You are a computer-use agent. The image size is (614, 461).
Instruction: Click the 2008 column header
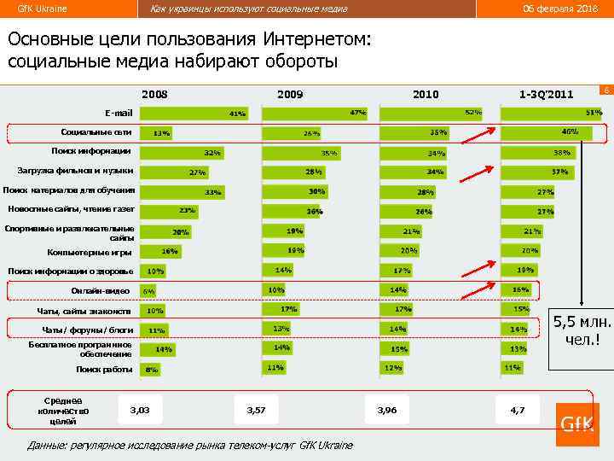click(x=155, y=94)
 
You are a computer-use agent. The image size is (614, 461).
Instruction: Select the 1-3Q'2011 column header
click(x=546, y=94)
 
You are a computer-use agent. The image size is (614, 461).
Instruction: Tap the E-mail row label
click(x=119, y=113)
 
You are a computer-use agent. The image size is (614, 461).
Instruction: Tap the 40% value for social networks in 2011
click(x=570, y=131)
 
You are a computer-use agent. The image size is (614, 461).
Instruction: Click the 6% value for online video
click(x=149, y=292)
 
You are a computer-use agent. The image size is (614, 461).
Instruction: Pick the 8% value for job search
click(x=152, y=370)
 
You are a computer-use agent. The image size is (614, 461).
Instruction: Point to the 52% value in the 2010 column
click(x=472, y=112)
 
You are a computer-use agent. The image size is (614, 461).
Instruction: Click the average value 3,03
click(x=140, y=411)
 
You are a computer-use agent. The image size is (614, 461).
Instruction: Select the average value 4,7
click(x=518, y=411)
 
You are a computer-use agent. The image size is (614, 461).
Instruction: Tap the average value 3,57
click(x=256, y=411)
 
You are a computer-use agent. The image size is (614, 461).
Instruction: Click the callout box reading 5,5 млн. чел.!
click(x=583, y=330)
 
